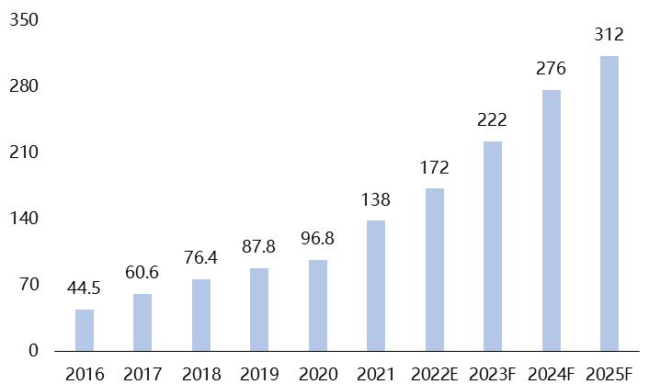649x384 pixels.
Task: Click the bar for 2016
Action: point(85,330)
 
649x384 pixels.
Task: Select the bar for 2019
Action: point(259,310)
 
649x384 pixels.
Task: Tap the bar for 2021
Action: point(376,286)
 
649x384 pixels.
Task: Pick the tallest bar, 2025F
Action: point(609,203)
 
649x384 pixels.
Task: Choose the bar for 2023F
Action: point(493,246)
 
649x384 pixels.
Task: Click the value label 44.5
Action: point(85,289)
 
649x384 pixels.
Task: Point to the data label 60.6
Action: point(142,274)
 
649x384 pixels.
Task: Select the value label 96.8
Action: point(317,239)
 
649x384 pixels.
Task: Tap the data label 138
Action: point(376,199)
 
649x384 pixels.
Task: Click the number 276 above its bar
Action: point(552,69)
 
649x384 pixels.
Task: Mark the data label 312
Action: point(609,35)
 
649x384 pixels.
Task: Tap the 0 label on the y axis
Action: point(33,351)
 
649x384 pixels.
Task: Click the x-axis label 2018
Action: point(201,374)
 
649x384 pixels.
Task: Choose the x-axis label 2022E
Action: point(434,374)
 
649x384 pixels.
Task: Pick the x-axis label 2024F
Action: point(552,374)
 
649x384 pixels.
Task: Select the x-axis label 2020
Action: point(317,374)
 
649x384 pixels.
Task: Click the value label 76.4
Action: point(201,258)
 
